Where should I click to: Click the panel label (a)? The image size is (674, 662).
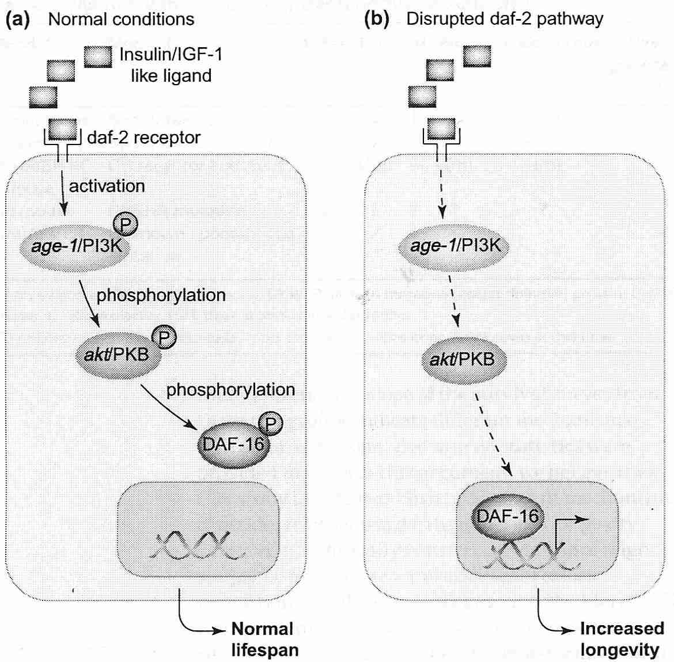tap(17, 19)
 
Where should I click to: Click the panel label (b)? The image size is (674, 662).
tap(377, 19)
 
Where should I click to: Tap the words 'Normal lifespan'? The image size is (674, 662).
tap(264, 639)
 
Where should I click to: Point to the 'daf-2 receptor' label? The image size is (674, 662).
tap(143, 138)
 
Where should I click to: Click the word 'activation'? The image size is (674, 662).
tap(107, 186)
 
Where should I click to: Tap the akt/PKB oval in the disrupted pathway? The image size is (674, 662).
tap(463, 360)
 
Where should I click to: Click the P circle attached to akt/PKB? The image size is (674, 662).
tap(164, 337)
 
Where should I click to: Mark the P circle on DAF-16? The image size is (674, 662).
tap(270, 424)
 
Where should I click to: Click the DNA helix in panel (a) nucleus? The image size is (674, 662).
tap(193, 544)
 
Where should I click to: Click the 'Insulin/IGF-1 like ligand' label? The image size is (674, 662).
tap(171, 65)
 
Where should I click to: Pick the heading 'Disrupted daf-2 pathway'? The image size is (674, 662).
tap(505, 19)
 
